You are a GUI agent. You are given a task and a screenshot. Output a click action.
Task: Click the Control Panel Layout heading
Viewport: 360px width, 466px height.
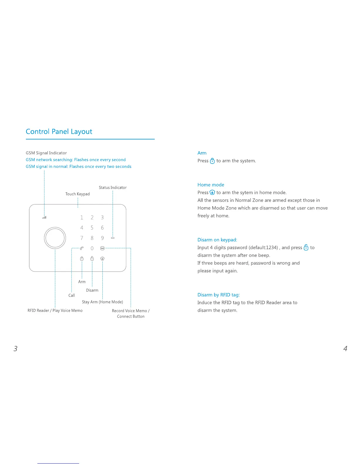59,132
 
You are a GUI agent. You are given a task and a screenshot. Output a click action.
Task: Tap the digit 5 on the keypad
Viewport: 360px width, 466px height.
92,228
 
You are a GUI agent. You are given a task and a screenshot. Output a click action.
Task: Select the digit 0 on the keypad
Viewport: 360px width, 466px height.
92,248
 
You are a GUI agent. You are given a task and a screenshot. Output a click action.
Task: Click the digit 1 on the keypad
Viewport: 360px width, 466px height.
82,217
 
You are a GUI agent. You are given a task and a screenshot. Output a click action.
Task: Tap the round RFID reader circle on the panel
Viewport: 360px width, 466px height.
55,238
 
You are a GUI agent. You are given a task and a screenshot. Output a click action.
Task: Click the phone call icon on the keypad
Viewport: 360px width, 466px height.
82,248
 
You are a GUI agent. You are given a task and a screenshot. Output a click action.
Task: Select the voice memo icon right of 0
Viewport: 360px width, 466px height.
102,248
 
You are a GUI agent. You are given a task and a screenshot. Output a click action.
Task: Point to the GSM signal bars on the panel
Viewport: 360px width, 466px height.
44,218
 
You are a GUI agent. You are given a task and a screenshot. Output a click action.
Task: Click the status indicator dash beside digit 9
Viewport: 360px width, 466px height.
113,238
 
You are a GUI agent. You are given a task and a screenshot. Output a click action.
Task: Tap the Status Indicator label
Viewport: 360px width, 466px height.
113,187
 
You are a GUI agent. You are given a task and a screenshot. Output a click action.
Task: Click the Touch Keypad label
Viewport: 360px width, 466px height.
77,194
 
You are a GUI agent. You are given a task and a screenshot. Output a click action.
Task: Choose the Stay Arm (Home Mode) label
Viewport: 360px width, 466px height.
102,302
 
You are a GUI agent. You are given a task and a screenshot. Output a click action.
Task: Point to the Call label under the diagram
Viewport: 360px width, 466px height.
72,295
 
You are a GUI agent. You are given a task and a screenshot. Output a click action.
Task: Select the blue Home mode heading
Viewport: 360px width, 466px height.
211,185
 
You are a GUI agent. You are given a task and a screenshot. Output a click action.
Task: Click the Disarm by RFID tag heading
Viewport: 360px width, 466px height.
219,295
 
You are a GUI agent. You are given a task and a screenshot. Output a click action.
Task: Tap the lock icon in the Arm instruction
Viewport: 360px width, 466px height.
212,161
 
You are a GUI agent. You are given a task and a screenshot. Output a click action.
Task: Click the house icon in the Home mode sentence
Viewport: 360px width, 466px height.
212,192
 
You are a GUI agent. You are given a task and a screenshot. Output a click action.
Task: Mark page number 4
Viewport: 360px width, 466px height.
345,349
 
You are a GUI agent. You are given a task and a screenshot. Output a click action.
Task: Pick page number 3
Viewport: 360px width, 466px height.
16,349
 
